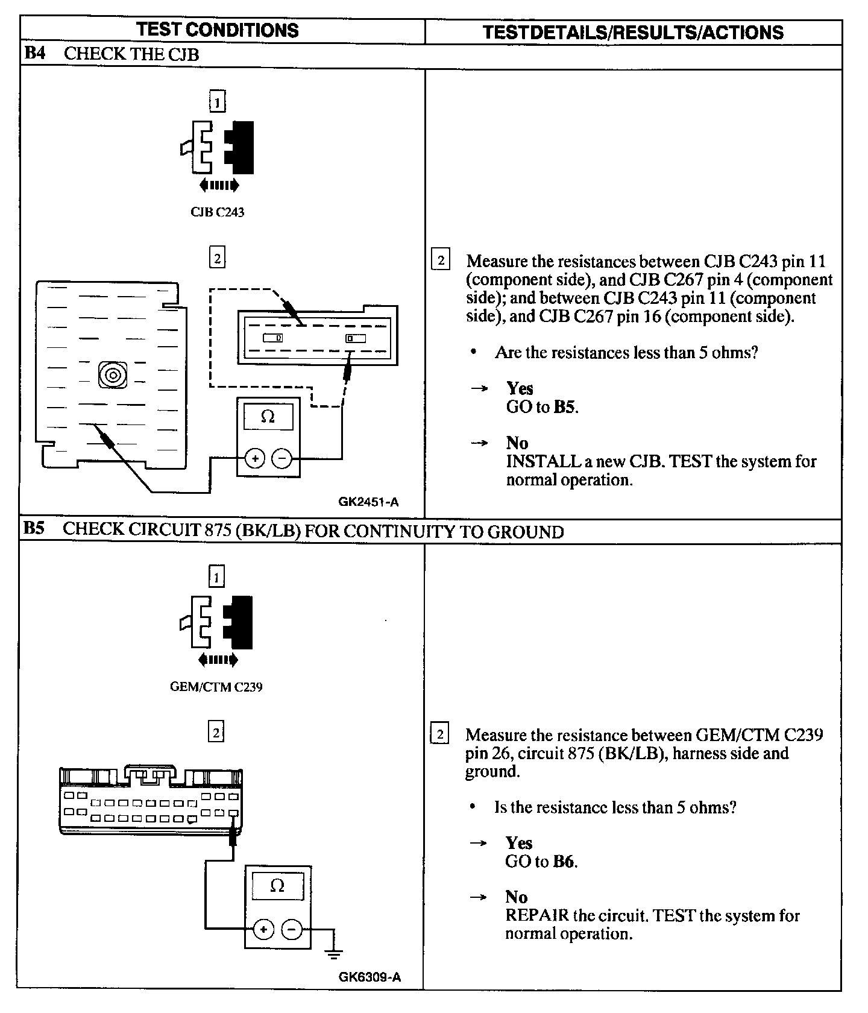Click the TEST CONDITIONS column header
217,30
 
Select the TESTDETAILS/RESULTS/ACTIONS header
633,32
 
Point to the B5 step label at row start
34,529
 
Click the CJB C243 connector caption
217,212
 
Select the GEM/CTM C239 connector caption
216,687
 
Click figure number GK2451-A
368,502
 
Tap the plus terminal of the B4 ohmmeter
255,459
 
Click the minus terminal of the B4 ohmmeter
281,459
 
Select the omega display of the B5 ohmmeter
277,886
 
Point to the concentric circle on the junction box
113,375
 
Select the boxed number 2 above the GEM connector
215,732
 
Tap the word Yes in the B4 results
520,388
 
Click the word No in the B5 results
516,897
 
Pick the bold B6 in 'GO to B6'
564,861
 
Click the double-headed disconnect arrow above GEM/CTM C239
218,660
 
